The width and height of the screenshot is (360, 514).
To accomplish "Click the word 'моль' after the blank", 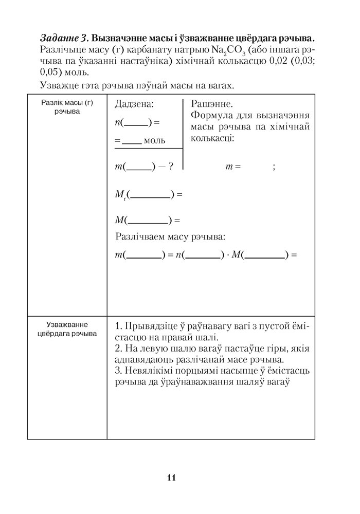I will click(x=154, y=140).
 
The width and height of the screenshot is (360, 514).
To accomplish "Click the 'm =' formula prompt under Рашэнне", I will click(x=233, y=167).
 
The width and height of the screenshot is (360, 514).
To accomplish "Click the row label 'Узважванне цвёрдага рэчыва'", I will click(x=67, y=329).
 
